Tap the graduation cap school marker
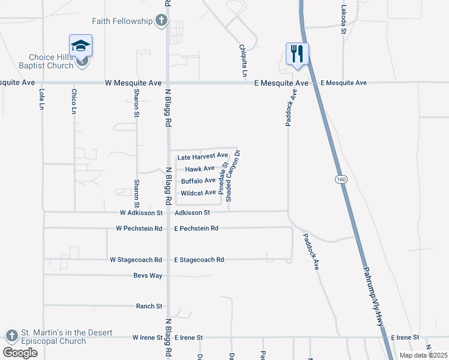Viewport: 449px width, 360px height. pos(80,46)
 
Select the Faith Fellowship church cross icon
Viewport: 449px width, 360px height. pos(161,22)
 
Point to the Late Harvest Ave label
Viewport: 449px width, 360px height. pos(202,156)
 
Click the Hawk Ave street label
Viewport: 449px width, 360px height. pos(200,169)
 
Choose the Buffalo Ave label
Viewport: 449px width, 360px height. pos(198,181)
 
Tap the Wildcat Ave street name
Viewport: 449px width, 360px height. pos(198,193)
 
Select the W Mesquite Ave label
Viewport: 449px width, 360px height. pos(133,82)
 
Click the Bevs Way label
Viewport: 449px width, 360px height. pos(148,275)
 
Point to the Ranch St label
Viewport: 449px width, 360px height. pos(149,306)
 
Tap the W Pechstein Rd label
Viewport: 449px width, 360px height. pos(139,229)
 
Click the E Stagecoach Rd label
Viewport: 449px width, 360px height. pos(199,260)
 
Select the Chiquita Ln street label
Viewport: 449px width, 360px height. pos(243,61)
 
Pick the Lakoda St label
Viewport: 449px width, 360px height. pos(344,20)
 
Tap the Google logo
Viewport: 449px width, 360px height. pos(20,353)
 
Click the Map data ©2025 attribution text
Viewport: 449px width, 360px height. pos(423,355)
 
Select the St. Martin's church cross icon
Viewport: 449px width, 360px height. pos(11,335)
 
